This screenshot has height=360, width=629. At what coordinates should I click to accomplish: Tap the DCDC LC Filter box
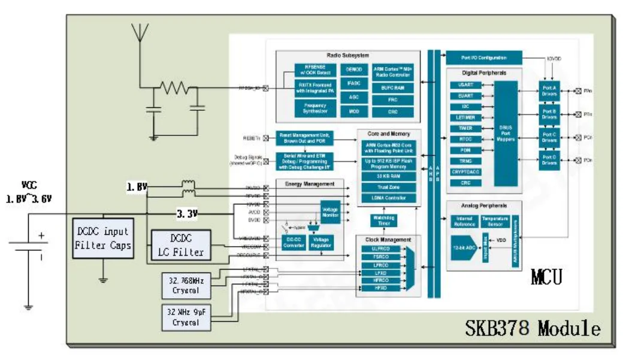click(180, 246)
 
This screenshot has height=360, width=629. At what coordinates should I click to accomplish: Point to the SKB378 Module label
click(533, 328)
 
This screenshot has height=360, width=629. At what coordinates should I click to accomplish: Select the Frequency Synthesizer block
click(311, 108)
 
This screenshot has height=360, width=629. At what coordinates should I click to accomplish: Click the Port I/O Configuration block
click(483, 58)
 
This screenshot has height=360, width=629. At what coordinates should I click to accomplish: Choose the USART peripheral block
click(465, 85)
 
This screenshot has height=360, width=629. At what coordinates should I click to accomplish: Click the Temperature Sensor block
click(495, 221)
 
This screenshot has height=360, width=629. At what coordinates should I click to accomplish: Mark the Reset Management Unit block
click(305, 137)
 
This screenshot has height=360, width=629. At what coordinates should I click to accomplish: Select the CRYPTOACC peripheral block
click(465, 172)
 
